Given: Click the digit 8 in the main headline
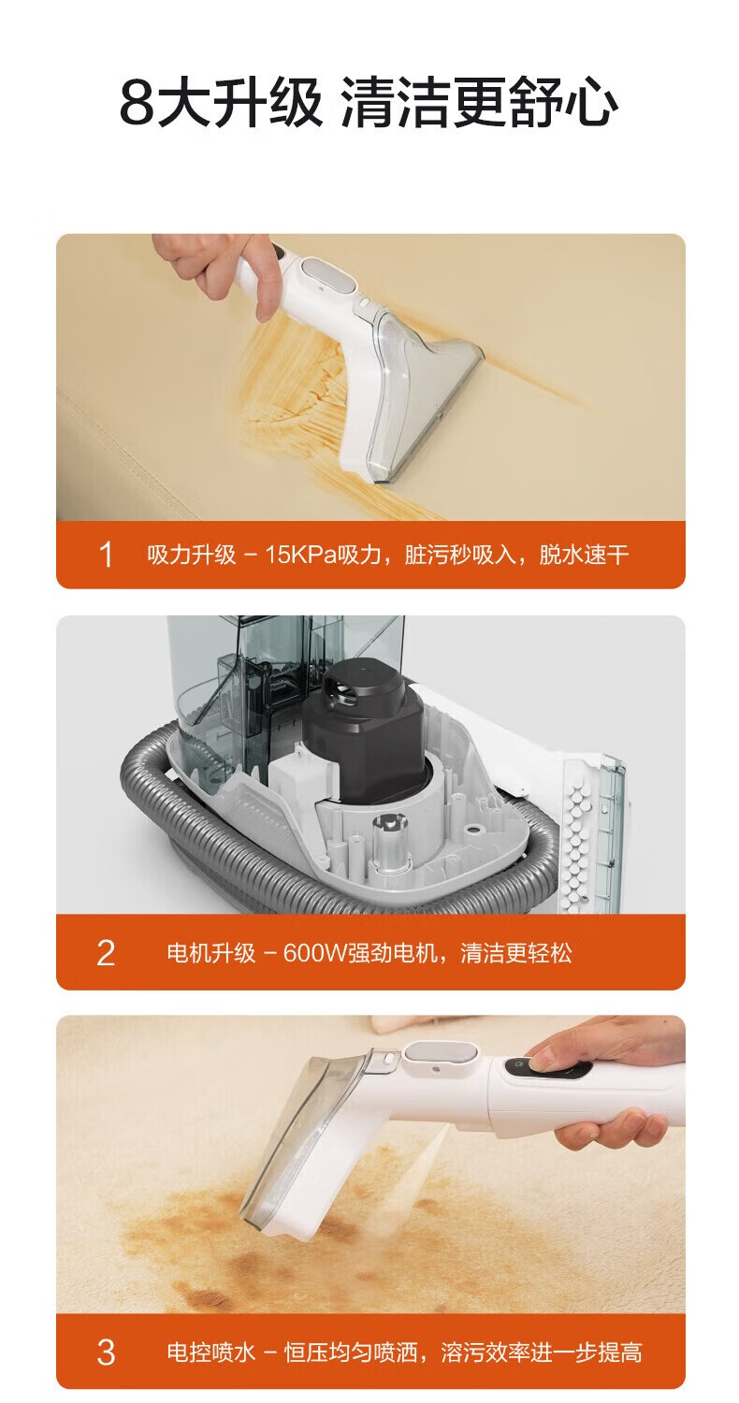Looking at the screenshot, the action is tap(136, 102).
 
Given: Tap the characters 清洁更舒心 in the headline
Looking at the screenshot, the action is tap(479, 102).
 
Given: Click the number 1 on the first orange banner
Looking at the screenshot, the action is tap(107, 555).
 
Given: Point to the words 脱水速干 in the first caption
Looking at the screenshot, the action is tap(584, 555).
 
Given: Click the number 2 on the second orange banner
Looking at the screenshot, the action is tap(106, 953).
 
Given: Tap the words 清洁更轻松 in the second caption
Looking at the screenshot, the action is tap(516, 953).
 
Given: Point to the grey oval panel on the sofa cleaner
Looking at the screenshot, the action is tap(326, 276).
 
